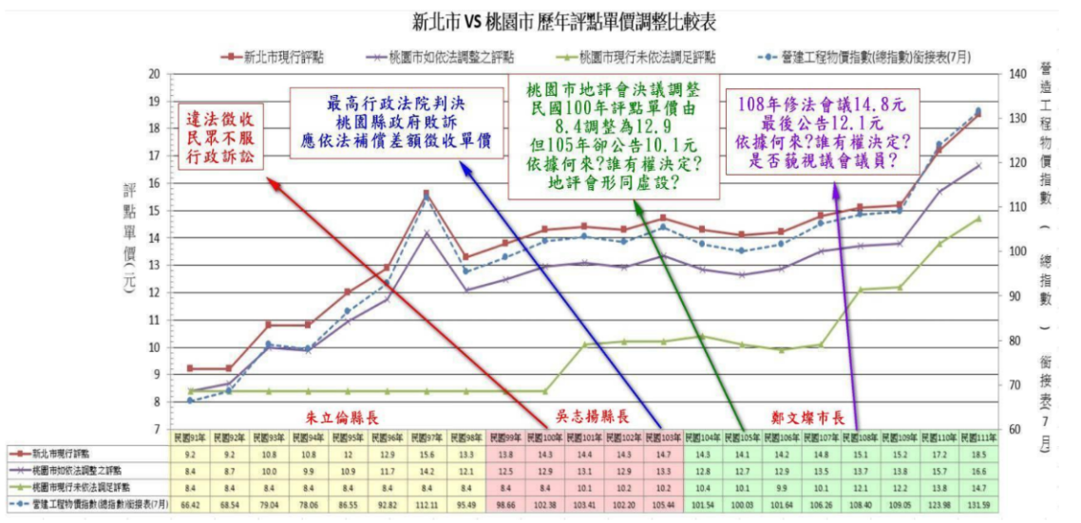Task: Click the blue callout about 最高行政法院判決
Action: pyautogui.click(x=395, y=121)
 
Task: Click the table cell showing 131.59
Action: pyautogui.click(x=977, y=502)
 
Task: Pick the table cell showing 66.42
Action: pyautogui.click(x=190, y=502)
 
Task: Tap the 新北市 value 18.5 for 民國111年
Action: pyautogui.click(x=977, y=454)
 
